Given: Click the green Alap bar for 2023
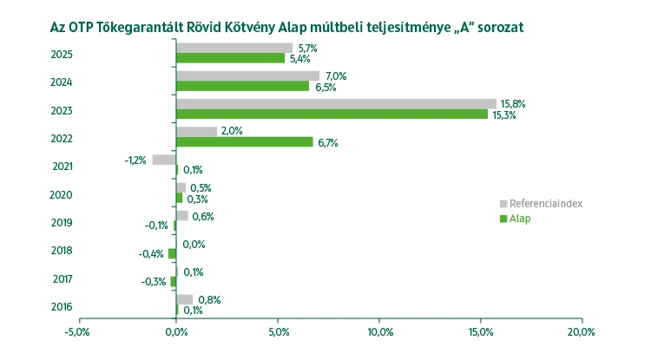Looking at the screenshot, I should click(x=332, y=114).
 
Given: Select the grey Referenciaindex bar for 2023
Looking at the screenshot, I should click(x=336, y=104).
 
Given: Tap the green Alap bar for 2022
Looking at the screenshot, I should click(x=244, y=141).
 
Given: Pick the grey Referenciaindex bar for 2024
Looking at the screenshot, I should click(x=247, y=76).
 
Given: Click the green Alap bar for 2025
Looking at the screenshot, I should click(x=230, y=58).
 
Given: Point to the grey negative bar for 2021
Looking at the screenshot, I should click(x=164, y=160).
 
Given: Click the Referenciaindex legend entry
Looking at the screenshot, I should click(x=545, y=203).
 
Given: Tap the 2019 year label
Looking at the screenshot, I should click(x=62, y=223).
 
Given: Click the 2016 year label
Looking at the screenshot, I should click(x=62, y=307).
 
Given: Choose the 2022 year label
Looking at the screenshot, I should click(x=62, y=139).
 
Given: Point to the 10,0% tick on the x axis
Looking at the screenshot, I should click(x=379, y=332).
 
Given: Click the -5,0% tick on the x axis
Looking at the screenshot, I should click(x=78, y=332).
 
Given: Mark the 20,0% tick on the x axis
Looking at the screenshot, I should click(x=581, y=332).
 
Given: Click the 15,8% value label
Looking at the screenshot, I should click(x=513, y=104).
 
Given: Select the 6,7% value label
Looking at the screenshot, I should click(x=327, y=142).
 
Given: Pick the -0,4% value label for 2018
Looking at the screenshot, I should click(x=152, y=254).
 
